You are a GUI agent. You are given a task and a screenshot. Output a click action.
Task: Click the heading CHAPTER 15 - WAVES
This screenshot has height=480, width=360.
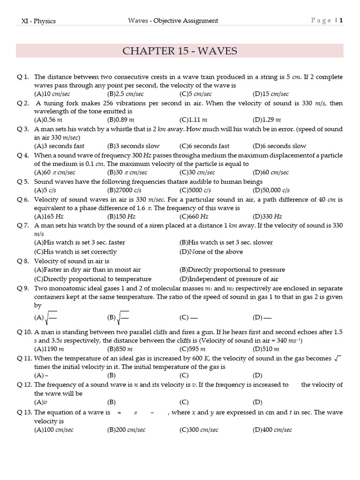[180, 51]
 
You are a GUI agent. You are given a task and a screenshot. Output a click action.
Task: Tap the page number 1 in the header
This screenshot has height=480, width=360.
[341, 21]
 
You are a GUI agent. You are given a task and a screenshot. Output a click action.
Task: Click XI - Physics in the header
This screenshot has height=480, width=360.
[39, 21]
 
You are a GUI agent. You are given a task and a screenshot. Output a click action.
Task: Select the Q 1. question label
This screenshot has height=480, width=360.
[23, 76]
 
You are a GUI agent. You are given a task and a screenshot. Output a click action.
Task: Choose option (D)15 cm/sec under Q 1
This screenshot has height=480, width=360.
[270, 94]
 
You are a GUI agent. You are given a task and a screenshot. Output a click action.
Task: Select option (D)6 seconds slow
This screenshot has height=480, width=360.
[279, 146]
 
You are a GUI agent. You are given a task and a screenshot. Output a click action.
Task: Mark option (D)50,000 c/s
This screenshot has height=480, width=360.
[271, 190]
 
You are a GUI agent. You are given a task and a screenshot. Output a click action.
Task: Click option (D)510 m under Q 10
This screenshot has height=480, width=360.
[266, 349]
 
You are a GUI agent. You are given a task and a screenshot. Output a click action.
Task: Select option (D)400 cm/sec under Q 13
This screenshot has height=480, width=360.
[272, 430]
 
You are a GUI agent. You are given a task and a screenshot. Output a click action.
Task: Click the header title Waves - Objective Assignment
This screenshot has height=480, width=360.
[173, 21]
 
